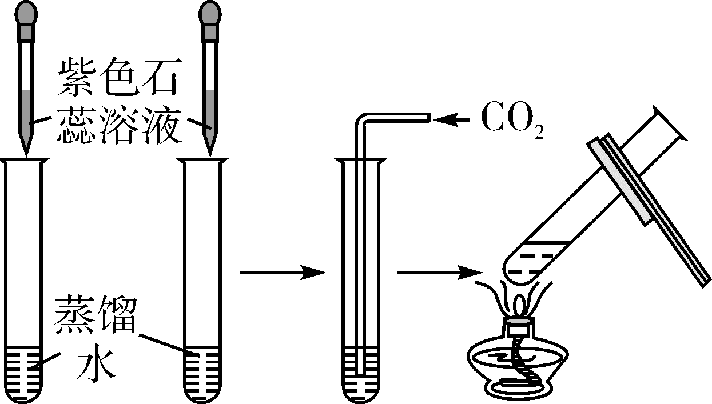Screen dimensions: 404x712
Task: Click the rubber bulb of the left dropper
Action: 27,13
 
